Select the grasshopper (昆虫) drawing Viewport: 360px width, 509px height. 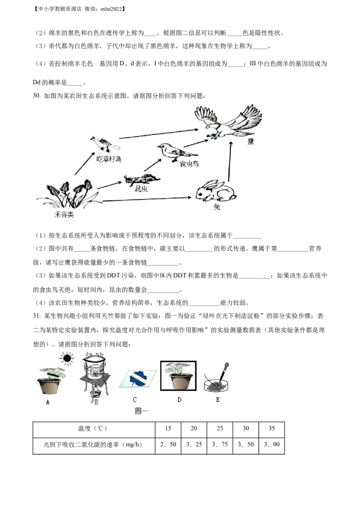pyautogui.click(x=142, y=179)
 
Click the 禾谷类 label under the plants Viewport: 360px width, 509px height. pyautogui.click(x=64, y=214)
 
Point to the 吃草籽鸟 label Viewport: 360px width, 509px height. pyautogui.click(x=108, y=159)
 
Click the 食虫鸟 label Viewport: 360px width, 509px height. pyautogui.click(x=189, y=164)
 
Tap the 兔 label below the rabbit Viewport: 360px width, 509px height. pyautogui.click(x=217, y=207)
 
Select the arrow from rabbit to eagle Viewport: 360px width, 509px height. pyautogui.click(x=229, y=161)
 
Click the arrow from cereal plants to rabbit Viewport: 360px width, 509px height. pyautogui.click(x=147, y=199)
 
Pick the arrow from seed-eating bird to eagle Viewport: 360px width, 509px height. pyautogui.click(x=158, y=134)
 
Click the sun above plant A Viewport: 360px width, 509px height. pyautogui.click(x=67, y=358)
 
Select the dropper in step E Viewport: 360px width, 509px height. pyautogui.click(x=224, y=371)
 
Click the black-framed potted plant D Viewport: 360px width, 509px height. pyautogui.click(x=178, y=375)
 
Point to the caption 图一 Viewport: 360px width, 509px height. pyautogui.click(x=141, y=411)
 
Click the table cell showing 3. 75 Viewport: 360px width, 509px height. pyautogui.click(x=220, y=444)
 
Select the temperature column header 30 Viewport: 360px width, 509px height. pyautogui.click(x=246, y=428)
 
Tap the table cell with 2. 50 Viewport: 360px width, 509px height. pyautogui.click(x=168, y=444)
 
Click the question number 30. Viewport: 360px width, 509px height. pyautogui.click(x=37, y=96)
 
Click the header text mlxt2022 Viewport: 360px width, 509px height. pyautogui.click(x=111, y=9)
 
